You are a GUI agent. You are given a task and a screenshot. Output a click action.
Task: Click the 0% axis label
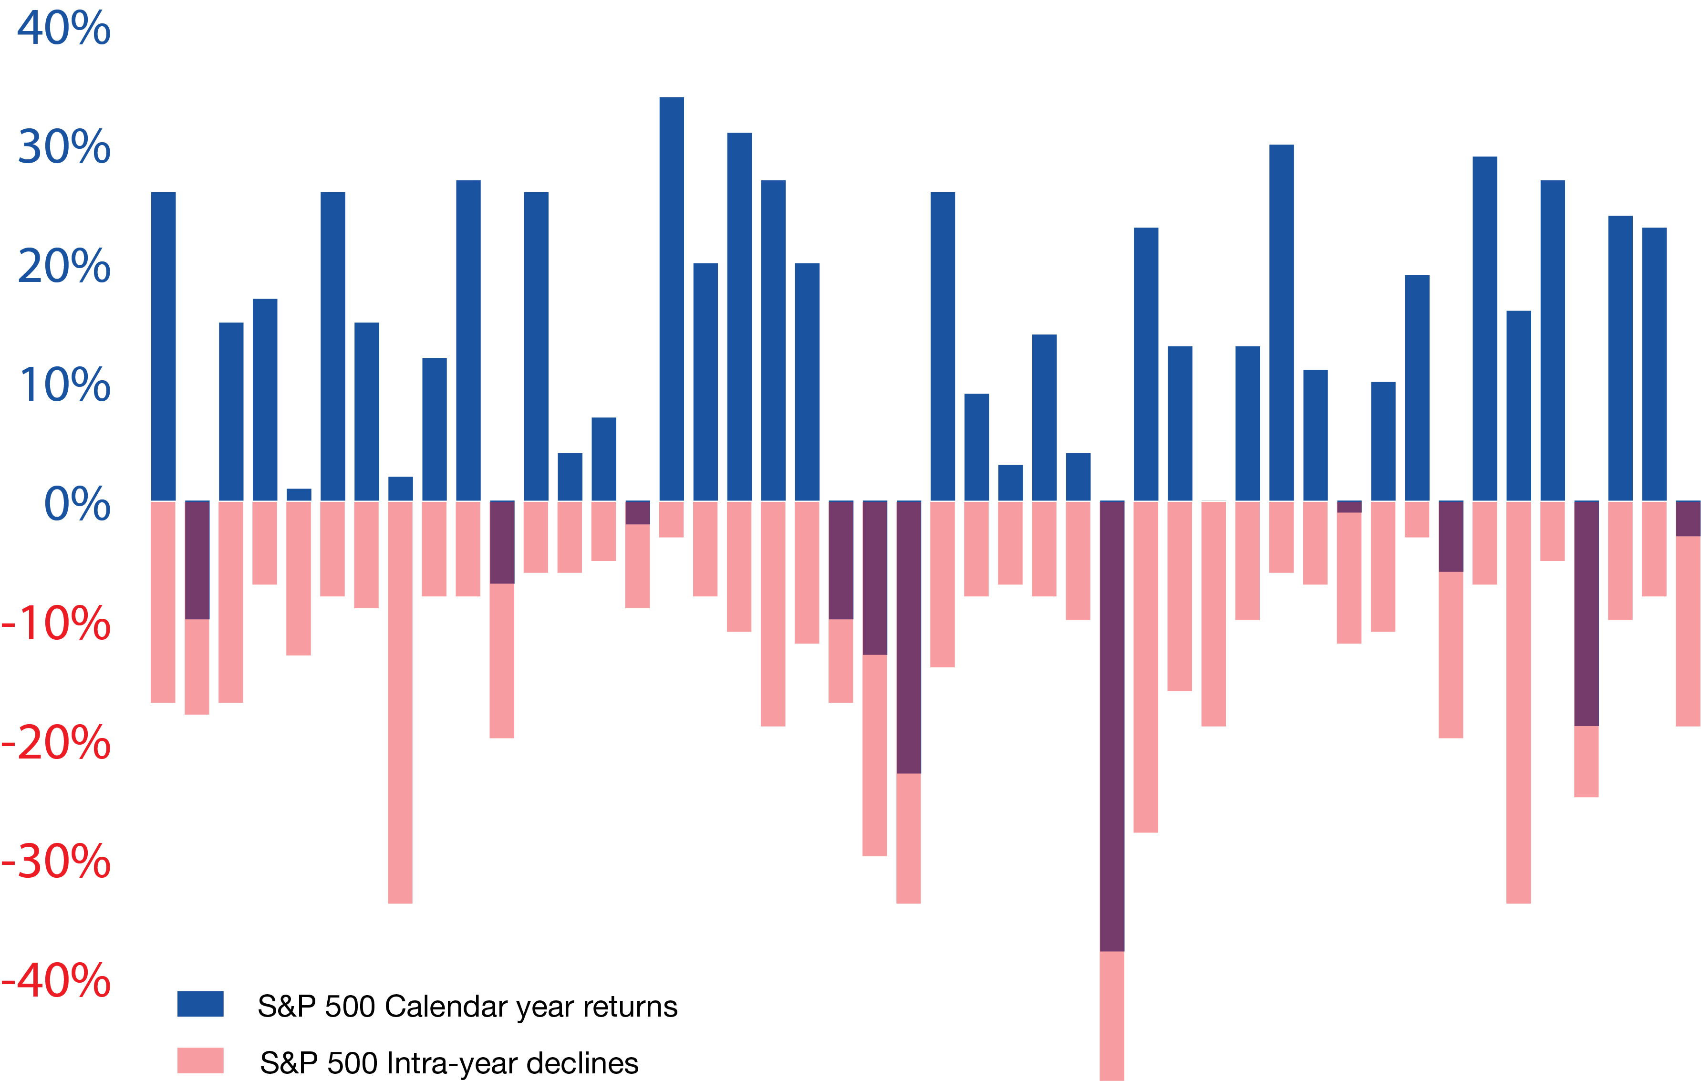click(77, 504)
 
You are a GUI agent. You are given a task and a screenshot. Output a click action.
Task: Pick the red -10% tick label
click(56, 623)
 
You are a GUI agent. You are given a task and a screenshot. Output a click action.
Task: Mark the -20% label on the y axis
click(56, 742)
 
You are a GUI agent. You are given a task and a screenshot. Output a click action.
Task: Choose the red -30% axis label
click(56, 861)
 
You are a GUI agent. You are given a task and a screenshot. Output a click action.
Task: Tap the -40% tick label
click(56, 980)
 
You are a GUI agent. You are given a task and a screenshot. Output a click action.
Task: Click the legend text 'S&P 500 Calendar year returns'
click(467, 1006)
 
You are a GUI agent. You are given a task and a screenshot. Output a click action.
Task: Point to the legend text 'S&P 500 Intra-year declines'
click(449, 1062)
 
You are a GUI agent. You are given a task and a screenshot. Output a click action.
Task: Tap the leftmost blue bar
click(163, 346)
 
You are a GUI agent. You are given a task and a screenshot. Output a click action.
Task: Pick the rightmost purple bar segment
click(1688, 519)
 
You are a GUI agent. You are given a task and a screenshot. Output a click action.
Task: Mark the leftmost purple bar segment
click(197, 560)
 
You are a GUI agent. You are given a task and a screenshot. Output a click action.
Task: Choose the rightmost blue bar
click(1654, 364)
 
